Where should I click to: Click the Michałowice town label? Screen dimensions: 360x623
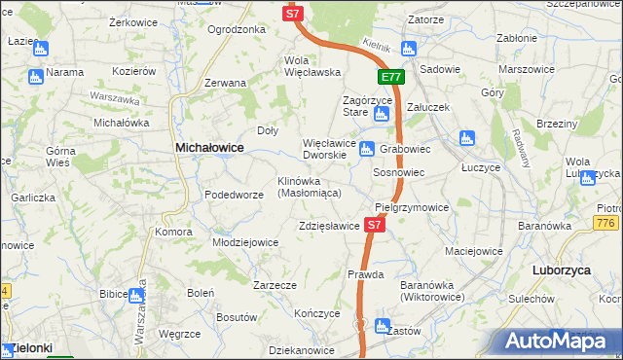click(x=208, y=147)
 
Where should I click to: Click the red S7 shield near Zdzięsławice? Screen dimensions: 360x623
click(x=376, y=225)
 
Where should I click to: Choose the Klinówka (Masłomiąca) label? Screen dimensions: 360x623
click(x=309, y=187)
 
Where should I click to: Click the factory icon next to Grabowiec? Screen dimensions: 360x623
click(x=367, y=149)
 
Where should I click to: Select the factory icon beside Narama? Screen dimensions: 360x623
click(x=36, y=75)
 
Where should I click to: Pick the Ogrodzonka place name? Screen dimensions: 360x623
click(x=237, y=29)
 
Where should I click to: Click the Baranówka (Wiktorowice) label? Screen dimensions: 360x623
click(x=432, y=290)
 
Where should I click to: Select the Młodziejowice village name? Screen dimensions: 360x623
click(x=245, y=242)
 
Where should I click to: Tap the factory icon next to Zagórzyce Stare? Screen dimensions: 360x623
click(x=381, y=115)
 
